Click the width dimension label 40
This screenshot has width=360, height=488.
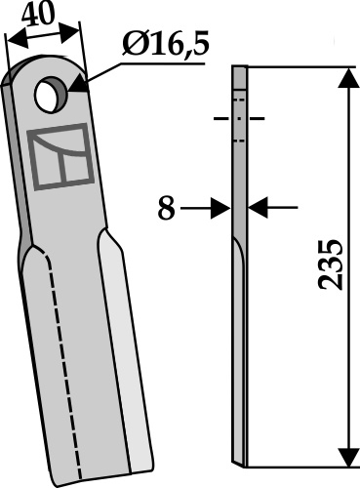(38, 15)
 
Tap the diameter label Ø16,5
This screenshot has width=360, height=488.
(165, 45)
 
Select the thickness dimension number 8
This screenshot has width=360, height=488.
(166, 209)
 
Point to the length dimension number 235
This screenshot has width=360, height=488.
(330, 265)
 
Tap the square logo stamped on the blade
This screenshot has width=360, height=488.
(60, 156)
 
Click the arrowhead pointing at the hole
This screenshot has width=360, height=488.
(78, 85)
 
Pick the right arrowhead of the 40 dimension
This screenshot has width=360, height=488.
(69, 33)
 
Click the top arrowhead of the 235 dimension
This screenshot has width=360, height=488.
(349, 78)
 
